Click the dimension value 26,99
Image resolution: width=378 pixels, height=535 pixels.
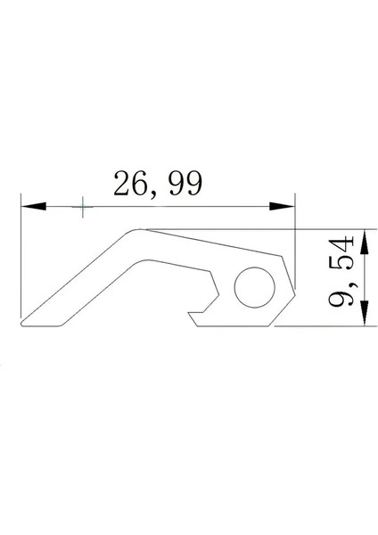coord(158,184)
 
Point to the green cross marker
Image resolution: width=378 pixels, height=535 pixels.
coord(82,208)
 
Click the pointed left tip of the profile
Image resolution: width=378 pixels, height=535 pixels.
coord(24,324)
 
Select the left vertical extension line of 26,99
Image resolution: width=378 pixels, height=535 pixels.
coord(21,259)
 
